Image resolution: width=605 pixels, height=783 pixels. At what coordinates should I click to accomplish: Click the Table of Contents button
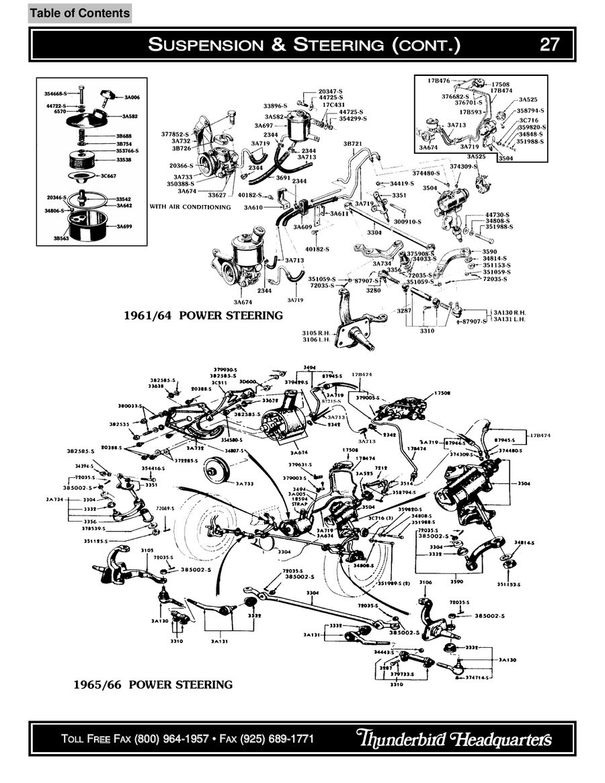80,13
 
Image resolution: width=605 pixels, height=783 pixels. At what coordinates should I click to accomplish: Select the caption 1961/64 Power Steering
204,315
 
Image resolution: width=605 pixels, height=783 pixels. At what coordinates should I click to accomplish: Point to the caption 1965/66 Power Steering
153,685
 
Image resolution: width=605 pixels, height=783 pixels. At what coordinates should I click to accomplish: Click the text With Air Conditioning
190,207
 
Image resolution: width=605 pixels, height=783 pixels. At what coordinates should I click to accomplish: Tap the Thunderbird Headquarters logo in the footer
454,738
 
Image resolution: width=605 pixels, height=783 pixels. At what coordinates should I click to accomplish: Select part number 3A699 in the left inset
124,226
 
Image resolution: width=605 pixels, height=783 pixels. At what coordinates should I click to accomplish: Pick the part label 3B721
353,144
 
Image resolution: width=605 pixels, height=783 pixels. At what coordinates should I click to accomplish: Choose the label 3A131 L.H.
510,319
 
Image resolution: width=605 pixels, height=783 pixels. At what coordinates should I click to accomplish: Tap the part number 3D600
248,382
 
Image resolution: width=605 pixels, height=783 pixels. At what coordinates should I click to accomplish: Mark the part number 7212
381,468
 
